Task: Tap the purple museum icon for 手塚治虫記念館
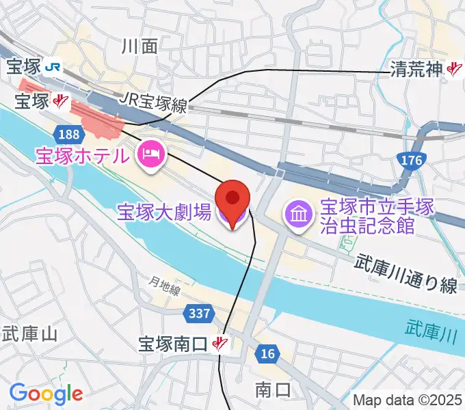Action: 299,214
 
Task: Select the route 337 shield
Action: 198,313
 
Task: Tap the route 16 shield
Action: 267,353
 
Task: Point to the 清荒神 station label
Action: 418,68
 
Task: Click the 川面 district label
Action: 139,46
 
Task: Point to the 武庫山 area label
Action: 29,334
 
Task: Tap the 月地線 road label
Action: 165,286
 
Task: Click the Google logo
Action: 46,394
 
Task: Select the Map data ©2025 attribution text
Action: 407,399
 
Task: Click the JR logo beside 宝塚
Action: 53,67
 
